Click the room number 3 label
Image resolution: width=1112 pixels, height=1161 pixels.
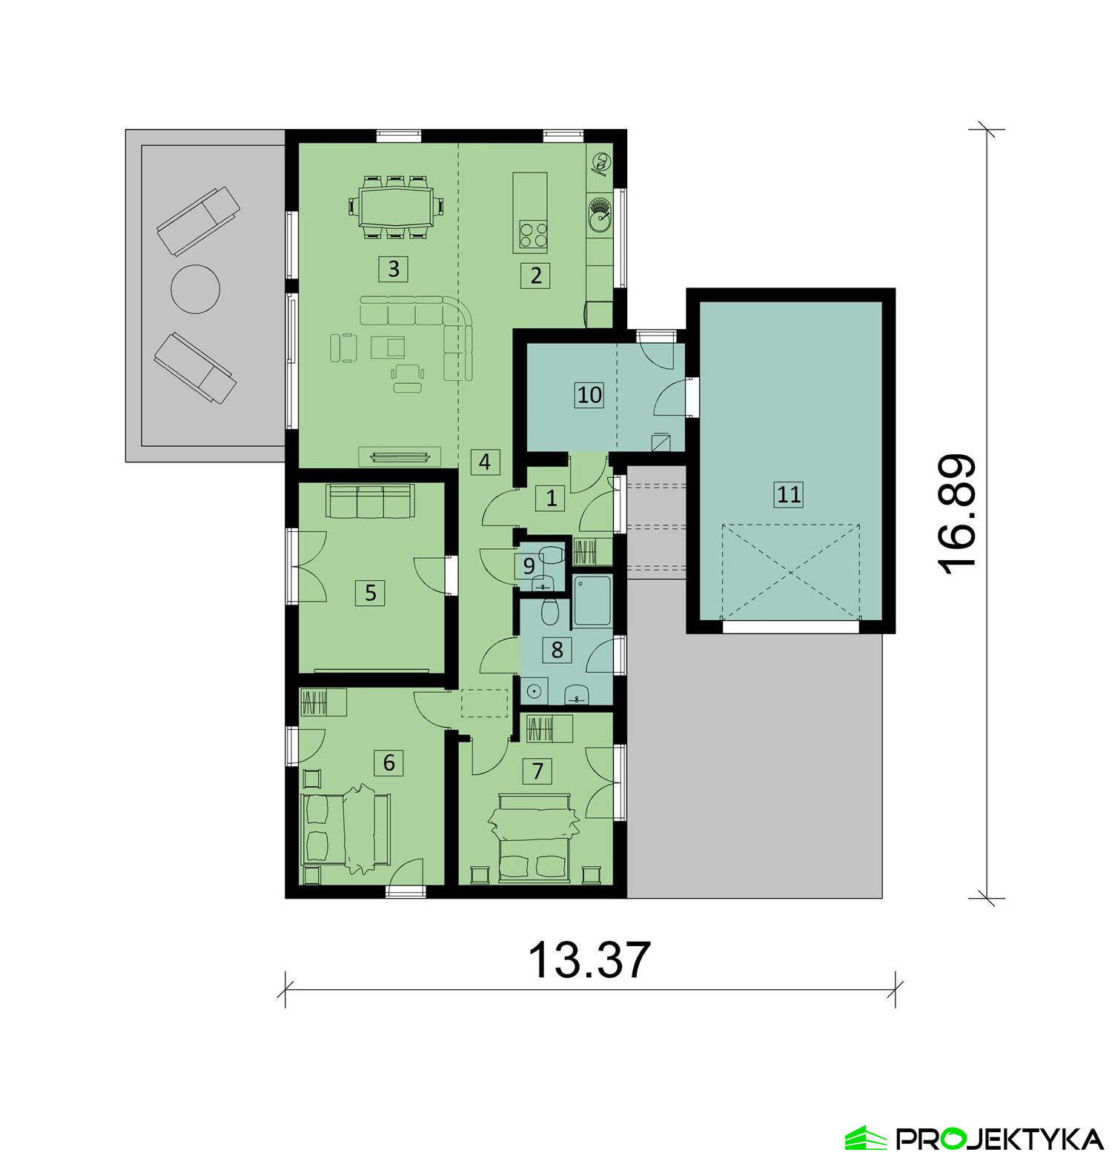point(394,268)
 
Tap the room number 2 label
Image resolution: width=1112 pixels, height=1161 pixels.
point(535,276)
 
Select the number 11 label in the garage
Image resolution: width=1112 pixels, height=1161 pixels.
point(789,493)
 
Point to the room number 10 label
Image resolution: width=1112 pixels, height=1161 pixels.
point(589,394)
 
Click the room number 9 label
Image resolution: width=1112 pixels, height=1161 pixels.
point(529,566)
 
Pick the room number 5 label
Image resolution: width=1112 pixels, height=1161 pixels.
point(371,593)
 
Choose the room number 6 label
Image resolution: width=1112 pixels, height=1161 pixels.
point(389,762)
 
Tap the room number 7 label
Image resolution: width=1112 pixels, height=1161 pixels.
point(537,771)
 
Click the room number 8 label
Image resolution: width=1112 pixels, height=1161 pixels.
point(557,650)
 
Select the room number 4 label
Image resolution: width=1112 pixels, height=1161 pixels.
point(485,462)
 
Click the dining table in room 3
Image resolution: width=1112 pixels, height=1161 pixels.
point(396,207)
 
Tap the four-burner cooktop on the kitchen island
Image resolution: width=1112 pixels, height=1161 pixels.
point(533,234)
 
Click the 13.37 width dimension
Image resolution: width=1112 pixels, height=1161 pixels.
point(589,960)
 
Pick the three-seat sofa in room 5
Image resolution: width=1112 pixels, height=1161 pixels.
point(369,502)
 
